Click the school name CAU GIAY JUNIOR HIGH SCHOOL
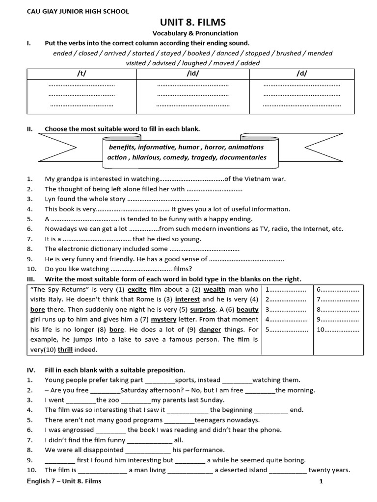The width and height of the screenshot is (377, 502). (x=78, y=11)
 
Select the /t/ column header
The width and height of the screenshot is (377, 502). (x=81, y=74)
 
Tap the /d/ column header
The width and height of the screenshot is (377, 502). (x=302, y=74)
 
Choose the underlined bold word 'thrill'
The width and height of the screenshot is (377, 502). (x=65, y=350)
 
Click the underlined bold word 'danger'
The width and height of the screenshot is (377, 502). (x=210, y=329)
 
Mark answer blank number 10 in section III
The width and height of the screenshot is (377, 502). (x=338, y=329)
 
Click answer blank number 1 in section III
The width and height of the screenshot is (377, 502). (x=285, y=290)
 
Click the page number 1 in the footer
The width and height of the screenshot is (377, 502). (x=321, y=481)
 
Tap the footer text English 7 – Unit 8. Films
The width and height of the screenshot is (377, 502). (x=64, y=481)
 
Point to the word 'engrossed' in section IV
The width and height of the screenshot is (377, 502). (x=78, y=430)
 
